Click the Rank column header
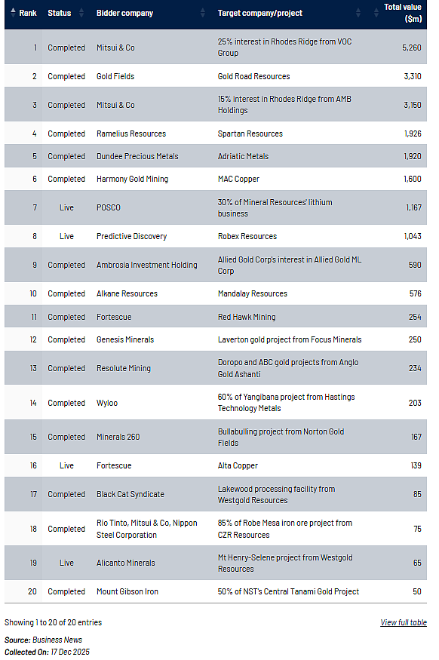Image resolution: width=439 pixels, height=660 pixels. pos(28,13)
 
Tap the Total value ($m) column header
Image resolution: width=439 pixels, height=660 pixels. pos(403,13)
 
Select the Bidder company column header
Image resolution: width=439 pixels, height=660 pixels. pos(124,13)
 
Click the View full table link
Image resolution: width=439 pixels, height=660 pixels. pos(404,622)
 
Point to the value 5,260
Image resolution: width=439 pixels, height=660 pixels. pos(412,48)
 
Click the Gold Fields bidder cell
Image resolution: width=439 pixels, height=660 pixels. pos(115,76)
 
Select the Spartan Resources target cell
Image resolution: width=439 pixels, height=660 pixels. pos(250,134)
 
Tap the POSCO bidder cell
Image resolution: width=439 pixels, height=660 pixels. pos(108,207)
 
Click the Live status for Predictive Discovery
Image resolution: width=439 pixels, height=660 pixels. pos(66,236)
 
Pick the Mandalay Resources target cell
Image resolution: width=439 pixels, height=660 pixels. pos(252,293)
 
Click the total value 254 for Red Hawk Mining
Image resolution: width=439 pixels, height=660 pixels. pos(415,317)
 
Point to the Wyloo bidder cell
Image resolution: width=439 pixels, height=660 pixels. pos(107,403)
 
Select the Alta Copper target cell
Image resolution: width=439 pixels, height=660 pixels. pos(238,465)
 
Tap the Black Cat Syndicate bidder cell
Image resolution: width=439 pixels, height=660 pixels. pos(130,494)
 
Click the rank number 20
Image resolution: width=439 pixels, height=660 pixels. pos(32,591)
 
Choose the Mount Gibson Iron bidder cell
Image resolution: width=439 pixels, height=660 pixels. pos(127,591)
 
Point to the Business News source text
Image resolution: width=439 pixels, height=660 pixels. pos(57,640)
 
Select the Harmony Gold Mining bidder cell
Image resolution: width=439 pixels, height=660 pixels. pos(132,179)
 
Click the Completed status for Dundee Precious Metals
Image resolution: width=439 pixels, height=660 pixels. pos(66,156)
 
